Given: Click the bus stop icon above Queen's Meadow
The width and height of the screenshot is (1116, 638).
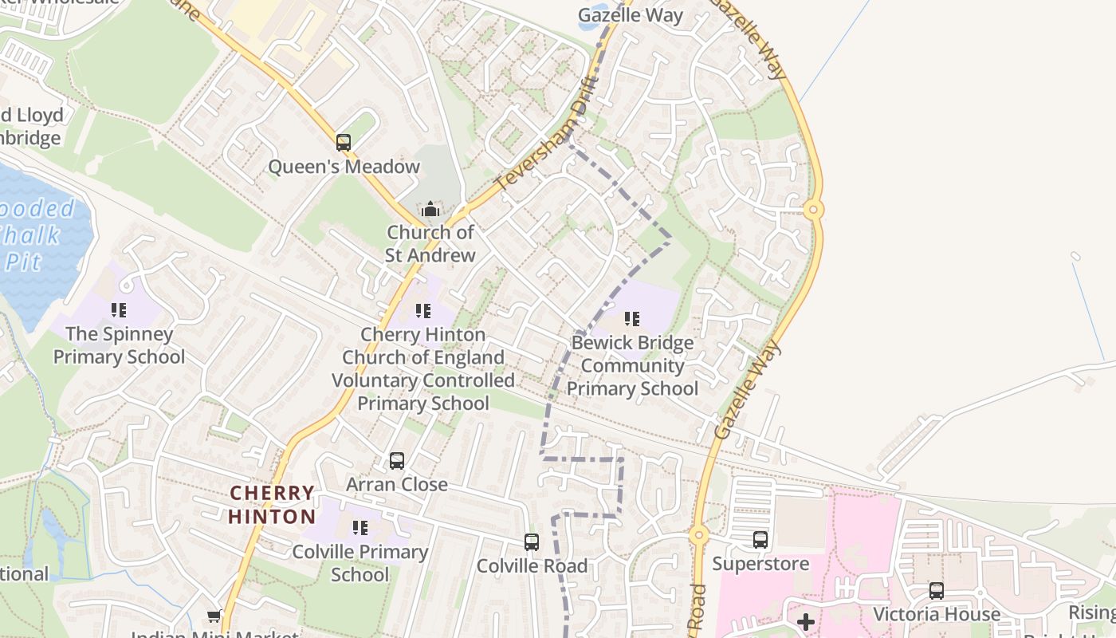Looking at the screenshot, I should (344, 143).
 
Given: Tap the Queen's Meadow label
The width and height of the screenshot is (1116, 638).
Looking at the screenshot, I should (344, 167).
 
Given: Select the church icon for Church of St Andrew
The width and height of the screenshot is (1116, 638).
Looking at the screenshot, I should (430, 210).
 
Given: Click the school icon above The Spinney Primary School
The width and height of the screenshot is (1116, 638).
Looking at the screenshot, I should (119, 310).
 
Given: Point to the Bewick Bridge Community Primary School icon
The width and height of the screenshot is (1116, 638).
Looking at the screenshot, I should (632, 320).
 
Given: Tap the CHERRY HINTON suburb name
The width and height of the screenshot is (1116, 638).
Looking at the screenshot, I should (272, 505).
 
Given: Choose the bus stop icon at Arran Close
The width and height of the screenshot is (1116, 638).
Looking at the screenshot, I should (397, 461).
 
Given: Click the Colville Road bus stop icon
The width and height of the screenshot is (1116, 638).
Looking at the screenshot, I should (532, 542).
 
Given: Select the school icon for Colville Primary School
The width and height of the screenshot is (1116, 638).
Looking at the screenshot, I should (360, 528).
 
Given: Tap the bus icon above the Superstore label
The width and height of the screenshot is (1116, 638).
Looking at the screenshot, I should (760, 540).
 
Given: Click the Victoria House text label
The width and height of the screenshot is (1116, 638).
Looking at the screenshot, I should (937, 614).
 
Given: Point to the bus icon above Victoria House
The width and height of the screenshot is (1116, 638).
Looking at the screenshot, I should (937, 591).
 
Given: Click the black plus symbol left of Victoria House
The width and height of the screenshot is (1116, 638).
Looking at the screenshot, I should (806, 621).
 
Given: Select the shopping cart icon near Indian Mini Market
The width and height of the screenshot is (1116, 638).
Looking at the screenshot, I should (214, 616).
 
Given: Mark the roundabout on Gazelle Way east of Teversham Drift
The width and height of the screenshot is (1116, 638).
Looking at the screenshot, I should (813, 210).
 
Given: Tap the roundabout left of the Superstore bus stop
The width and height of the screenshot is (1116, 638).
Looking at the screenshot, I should (699, 535).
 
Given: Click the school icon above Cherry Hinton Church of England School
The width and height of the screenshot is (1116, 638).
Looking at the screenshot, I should (423, 310).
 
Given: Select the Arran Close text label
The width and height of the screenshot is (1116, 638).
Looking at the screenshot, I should (397, 484).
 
